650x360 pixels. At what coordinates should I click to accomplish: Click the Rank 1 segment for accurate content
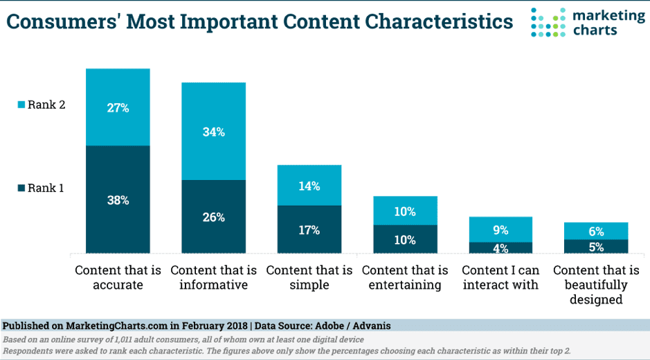[118, 199]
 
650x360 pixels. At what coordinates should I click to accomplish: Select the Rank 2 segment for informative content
[213, 131]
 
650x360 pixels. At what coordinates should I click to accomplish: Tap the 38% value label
[118, 200]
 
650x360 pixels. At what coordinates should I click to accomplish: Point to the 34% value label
[213, 132]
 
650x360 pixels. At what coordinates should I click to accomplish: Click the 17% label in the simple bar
[309, 230]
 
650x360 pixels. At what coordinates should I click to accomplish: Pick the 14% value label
[309, 186]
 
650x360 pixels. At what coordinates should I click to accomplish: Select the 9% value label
[500, 230]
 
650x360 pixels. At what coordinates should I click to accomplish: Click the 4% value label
[500, 248]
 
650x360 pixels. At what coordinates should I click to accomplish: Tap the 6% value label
[596, 232]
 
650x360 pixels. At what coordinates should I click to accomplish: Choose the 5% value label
[596, 247]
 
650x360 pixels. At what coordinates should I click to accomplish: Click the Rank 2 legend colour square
[21, 105]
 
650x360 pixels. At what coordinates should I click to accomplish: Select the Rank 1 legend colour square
[21, 188]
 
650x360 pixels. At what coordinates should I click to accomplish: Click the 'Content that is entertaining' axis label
[405, 278]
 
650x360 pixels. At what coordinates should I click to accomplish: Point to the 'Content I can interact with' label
[500, 278]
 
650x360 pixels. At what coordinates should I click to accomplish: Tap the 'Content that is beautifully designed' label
[596, 285]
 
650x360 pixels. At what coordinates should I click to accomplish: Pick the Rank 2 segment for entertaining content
[405, 210]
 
